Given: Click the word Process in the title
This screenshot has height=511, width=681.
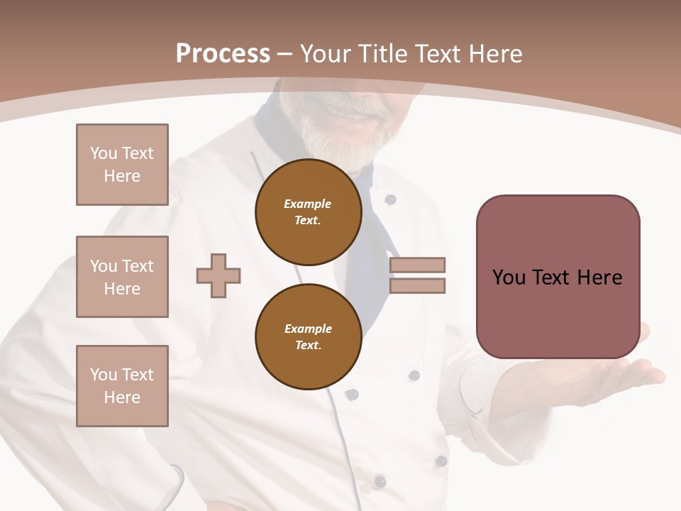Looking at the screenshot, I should (x=223, y=53).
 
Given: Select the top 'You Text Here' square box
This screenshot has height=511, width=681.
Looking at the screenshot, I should (x=122, y=165).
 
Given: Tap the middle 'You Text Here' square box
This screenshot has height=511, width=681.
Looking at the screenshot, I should (x=122, y=277).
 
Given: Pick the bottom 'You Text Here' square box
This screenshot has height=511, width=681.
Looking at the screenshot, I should (x=122, y=386).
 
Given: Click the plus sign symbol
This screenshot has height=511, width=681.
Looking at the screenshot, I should (x=218, y=275).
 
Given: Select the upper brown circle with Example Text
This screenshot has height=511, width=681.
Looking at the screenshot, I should (x=309, y=212).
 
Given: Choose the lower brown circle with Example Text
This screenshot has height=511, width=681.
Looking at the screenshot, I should (x=309, y=337).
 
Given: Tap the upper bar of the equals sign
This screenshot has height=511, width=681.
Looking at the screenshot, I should (x=417, y=265).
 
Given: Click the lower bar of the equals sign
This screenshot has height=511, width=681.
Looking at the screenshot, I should (x=417, y=286).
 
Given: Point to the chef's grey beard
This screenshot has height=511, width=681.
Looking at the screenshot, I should (x=340, y=142).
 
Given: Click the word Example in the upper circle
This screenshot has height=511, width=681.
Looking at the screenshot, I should (x=308, y=204).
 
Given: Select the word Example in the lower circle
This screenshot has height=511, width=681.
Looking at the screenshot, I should (x=308, y=329).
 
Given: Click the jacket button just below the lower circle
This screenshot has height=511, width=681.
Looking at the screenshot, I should (x=352, y=394).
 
